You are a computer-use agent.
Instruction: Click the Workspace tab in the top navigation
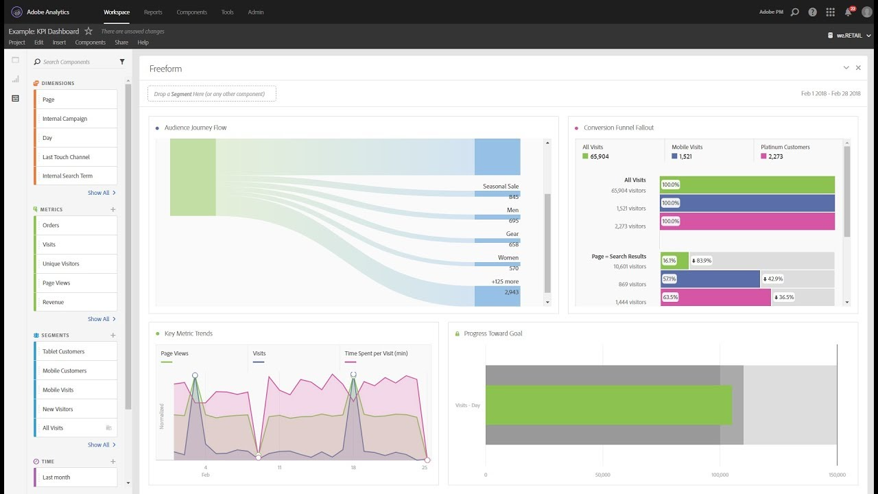[117, 12]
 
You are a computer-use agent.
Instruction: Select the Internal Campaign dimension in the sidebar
[65, 119]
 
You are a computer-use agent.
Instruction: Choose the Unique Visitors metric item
[61, 263]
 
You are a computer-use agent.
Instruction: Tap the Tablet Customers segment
[64, 351]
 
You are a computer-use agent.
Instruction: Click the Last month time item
[56, 478]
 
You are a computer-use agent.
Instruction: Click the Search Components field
[75, 62]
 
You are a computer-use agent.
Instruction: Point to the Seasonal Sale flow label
[501, 187]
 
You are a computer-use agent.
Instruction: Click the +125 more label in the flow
[505, 281]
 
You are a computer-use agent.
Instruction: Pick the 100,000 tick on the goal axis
[720, 475]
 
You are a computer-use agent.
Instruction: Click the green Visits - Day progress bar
[608, 405]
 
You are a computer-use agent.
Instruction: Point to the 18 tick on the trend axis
[353, 467]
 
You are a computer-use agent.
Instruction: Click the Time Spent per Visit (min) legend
[376, 354]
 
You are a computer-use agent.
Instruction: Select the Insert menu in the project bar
[59, 43]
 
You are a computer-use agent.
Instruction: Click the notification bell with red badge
[849, 12]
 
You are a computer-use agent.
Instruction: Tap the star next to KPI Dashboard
[88, 32]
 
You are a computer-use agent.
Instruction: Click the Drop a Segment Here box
[212, 94]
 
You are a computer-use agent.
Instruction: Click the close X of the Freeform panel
[858, 68]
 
